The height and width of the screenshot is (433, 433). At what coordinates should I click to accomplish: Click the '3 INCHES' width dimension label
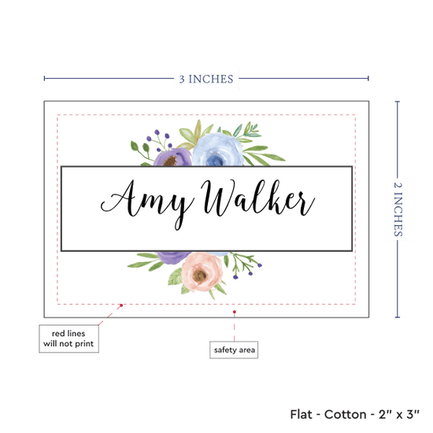(206, 79)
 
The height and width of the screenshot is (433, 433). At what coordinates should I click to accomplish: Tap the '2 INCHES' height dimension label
(398, 209)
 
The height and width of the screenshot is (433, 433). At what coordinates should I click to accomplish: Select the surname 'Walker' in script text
(257, 198)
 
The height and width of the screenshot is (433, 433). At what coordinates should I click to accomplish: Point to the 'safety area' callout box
(234, 350)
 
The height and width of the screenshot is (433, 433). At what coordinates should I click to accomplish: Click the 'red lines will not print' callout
(68, 339)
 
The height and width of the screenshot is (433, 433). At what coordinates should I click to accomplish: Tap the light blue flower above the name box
(217, 150)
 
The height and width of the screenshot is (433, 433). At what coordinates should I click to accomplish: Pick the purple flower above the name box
(172, 157)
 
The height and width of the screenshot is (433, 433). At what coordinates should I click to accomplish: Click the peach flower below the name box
(202, 272)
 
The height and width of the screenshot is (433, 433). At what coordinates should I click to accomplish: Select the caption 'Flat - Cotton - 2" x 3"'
(354, 414)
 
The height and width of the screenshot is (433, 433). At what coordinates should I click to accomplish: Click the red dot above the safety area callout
(235, 312)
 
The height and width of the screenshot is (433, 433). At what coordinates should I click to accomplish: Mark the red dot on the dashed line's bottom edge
(121, 305)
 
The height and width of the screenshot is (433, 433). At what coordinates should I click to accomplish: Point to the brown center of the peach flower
(200, 275)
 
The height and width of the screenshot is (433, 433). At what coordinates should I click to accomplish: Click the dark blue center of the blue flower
(216, 160)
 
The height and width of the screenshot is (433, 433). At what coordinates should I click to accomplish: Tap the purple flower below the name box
(173, 257)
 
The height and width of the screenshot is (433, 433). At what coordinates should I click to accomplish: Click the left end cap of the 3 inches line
(44, 79)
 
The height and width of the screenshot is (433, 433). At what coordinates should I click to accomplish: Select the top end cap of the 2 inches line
(398, 102)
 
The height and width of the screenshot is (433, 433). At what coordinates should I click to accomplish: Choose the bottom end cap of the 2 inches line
(398, 317)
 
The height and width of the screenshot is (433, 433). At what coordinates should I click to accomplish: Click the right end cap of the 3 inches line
(368, 79)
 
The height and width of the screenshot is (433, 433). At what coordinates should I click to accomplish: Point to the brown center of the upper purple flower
(170, 161)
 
